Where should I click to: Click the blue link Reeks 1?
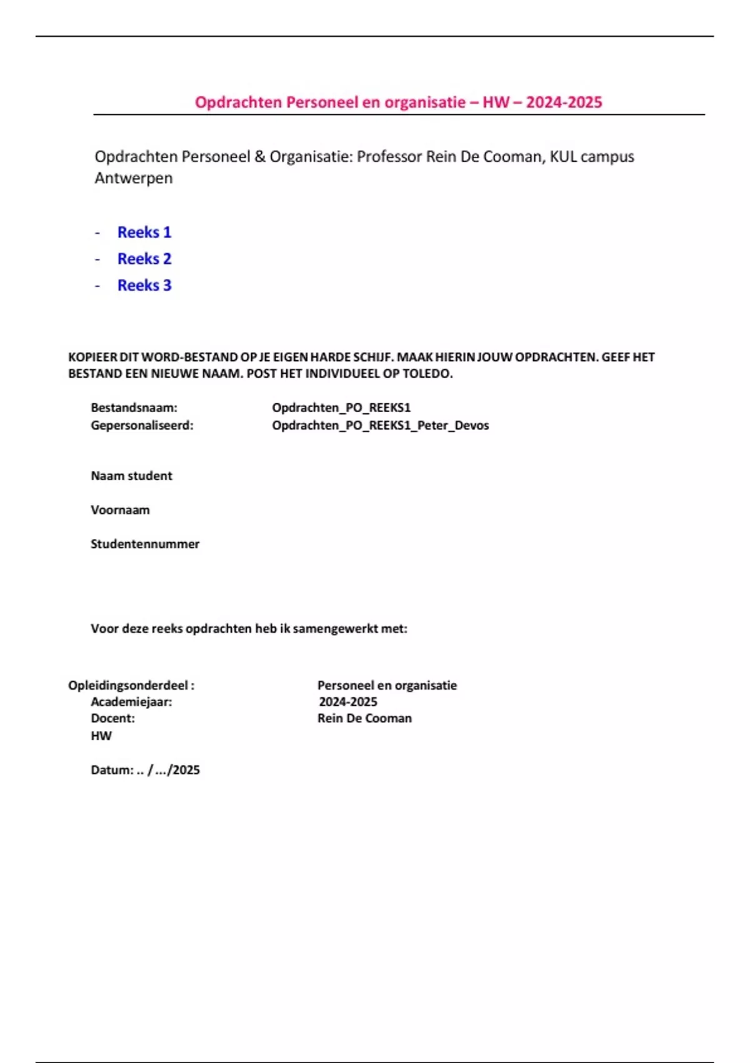tap(144, 232)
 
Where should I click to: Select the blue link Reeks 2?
tap(144, 259)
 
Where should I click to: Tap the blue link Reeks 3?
tap(144, 285)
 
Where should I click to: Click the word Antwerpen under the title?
tap(133, 178)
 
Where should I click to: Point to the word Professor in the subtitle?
tap(389, 156)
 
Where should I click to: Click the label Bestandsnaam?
tap(134, 408)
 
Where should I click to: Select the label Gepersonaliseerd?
tap(142, 425)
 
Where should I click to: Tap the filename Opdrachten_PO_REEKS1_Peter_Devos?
tap(380, 425)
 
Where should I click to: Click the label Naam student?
tap(131, 476)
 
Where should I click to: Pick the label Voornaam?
tap(120, 510)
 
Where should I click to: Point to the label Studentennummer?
tap(145, 544)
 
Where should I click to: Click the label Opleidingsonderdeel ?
tap(131, 685)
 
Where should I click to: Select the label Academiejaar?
tap(131, 702)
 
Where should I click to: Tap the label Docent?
tap(112, 718)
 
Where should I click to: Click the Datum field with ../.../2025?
tap(145, 770)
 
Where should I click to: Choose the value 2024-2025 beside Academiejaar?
tap(347, 702)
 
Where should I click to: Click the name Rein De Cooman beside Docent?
tap(364, 718)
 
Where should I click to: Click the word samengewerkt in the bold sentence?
tap(335, 628)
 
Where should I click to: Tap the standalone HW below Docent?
tap(101, 736)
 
